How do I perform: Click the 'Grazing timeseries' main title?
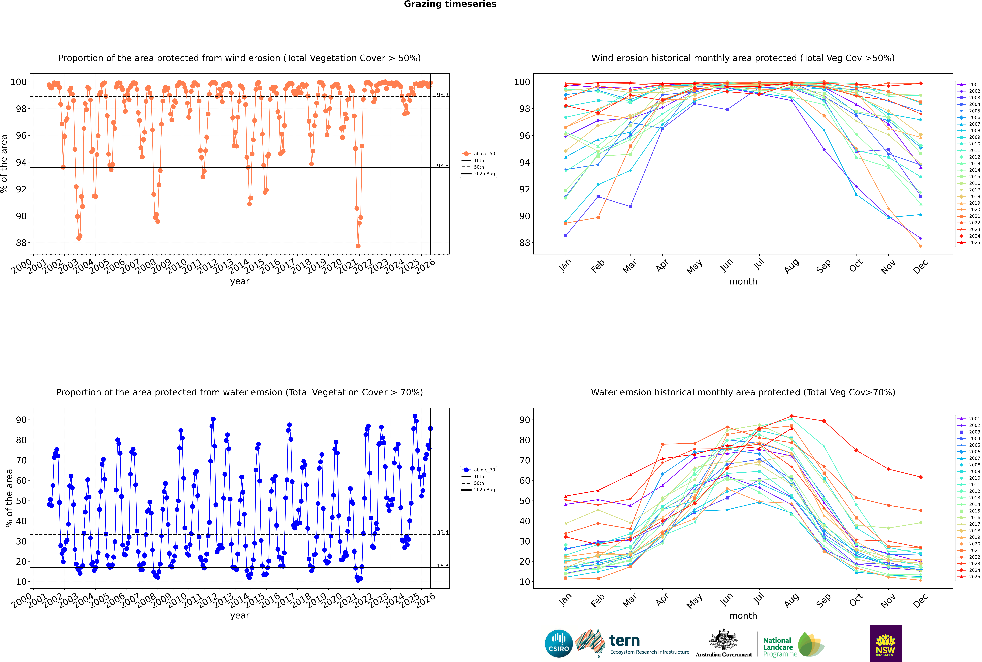click(450, 4)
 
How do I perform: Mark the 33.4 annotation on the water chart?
click(442, 532)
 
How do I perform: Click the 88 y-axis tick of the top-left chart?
click(21, 243)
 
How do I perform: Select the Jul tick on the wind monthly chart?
click(759, 264)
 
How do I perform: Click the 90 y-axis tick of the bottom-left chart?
click(21, 420)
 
